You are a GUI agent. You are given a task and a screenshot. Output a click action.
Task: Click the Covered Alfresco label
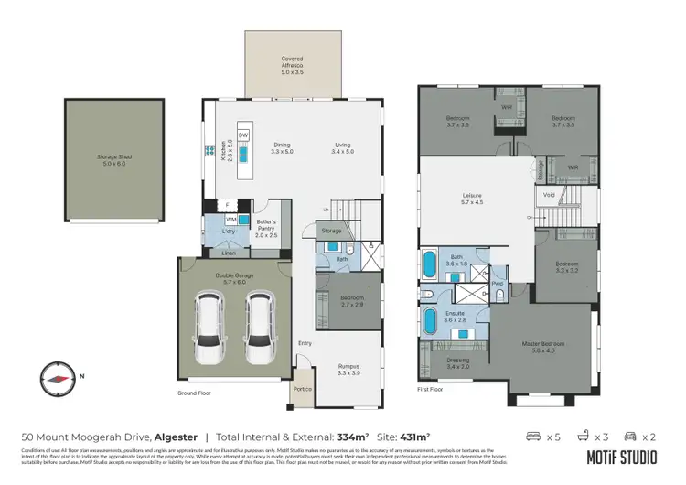(x=292, y=62)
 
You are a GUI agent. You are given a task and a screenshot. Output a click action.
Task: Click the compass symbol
(x=58, y=377)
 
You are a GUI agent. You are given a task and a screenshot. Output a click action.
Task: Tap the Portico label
(x=301, y=389)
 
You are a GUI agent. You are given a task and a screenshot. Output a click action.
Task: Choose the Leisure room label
(x=472, y=198)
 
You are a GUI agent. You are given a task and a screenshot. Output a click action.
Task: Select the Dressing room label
(x=457, y=363)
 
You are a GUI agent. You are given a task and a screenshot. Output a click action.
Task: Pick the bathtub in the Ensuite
(x=429, y=322)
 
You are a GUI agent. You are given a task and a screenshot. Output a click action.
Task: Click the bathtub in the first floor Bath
(x=429, y=266)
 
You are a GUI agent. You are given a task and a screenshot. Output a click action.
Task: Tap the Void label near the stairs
(x=549, y=195)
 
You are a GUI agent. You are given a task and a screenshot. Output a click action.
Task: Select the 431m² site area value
(x=413, y=437)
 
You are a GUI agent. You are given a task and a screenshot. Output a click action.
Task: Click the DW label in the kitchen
(x=243, y=135)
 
